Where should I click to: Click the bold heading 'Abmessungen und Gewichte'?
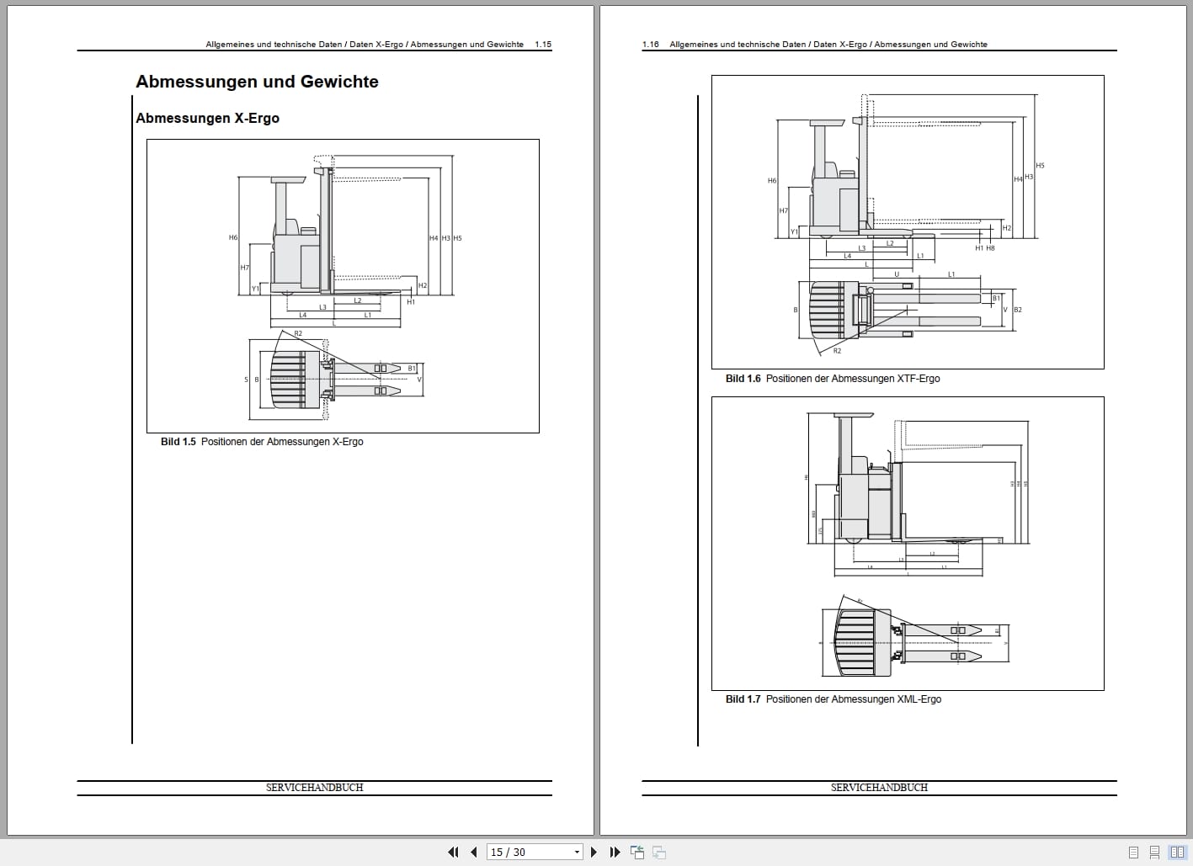[257, 82]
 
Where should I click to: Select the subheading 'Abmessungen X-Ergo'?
[207, 119]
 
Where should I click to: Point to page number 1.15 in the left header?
[543, 45]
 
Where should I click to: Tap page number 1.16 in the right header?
[650, 45]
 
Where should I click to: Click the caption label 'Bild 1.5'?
[178, 442]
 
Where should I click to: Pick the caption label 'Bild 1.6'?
[743, 379]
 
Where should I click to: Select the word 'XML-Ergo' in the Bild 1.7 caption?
[919, 699]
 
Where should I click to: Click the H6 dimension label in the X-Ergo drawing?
[233, 237]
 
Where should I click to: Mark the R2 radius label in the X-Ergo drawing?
[298, 334]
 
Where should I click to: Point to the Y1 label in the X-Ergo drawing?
[255, 289]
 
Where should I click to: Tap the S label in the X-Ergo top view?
[247, 380]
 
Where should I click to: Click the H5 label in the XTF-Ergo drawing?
[1040, 166]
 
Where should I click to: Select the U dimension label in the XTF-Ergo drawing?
[897, 274]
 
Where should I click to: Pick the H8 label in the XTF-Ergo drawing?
[990, 248]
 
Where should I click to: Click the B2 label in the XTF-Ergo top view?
[1017, 310]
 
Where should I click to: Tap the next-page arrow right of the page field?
[594, 852]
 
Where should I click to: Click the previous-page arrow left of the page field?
[474, 852]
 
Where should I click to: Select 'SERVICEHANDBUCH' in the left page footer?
[314, 788]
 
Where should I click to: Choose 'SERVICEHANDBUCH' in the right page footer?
[879, 788]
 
